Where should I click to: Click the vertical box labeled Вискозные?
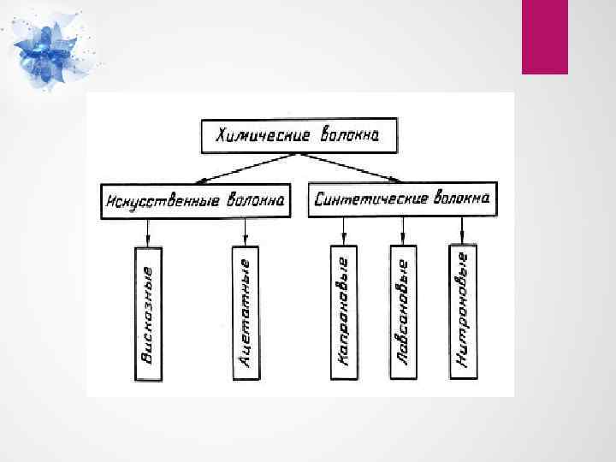149,313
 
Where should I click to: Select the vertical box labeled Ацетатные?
246,313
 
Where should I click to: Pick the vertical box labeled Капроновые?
344,313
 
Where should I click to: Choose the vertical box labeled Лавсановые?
403,313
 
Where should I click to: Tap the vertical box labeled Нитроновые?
463,313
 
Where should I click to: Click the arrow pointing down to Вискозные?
149,231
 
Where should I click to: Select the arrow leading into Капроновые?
344,230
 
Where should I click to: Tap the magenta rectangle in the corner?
545,36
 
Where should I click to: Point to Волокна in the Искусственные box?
254,201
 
